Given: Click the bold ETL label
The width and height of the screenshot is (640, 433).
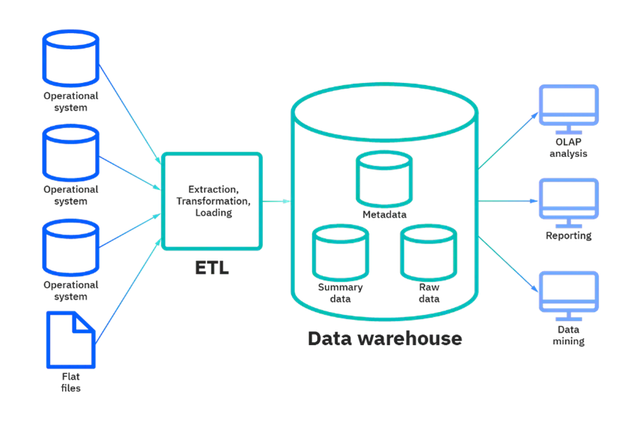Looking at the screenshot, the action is tap(212, 268).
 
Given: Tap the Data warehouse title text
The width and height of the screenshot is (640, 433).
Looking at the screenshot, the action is tap(385, 339).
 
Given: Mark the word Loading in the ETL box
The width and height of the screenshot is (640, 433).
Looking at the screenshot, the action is tap(214, 213).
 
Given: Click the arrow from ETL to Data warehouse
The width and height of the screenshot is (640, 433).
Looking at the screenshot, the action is tap(276, 201).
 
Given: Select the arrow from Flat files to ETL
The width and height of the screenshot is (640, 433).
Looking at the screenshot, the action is tap(128, 291).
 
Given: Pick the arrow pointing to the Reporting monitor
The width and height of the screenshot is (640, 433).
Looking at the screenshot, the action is tap(507, 201).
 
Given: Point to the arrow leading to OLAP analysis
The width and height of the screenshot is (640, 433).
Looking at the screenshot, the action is tap(508, 140).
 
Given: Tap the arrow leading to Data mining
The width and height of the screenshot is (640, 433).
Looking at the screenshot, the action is tap(508, 264).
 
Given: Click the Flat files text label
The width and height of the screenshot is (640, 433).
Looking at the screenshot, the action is tap(70, 382).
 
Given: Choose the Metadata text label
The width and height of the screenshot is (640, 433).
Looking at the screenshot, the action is tap(384, 215).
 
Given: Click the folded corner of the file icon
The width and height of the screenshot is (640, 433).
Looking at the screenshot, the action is tap(83, 322).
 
